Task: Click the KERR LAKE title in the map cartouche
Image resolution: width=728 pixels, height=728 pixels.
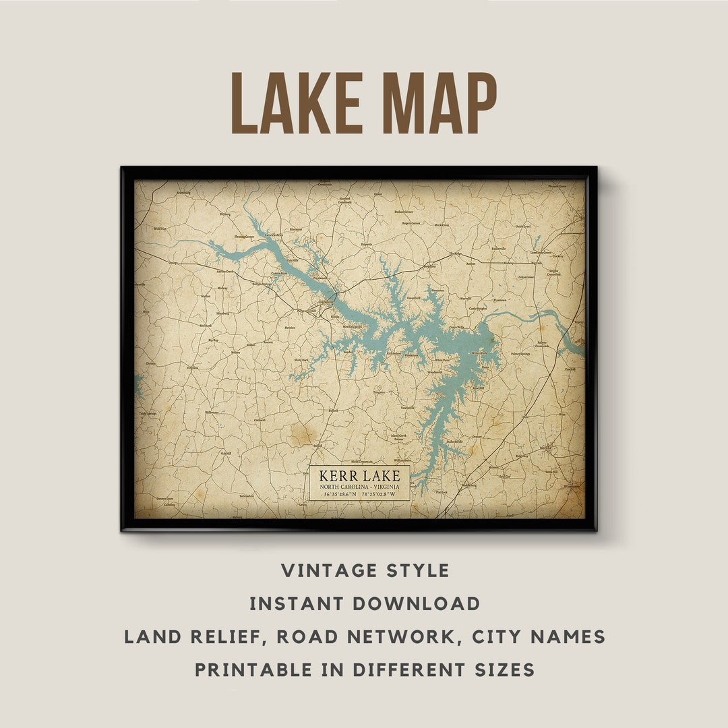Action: [x=360, y=476]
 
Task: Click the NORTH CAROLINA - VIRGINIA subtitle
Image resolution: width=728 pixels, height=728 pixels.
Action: [x=360, y=487]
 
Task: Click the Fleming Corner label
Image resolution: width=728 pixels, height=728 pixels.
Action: [x=244, y=237]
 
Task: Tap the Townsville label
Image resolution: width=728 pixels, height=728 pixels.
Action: [x=407, y=408]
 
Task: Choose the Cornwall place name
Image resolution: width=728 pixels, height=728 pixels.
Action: [x=260, y=420]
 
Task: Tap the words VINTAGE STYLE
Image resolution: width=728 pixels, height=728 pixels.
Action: [x=365, y=571]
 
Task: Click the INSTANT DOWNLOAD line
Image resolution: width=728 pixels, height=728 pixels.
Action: [x=365, y=604]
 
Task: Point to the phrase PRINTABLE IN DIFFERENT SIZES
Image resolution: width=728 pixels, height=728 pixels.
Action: [x=365, y=670]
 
